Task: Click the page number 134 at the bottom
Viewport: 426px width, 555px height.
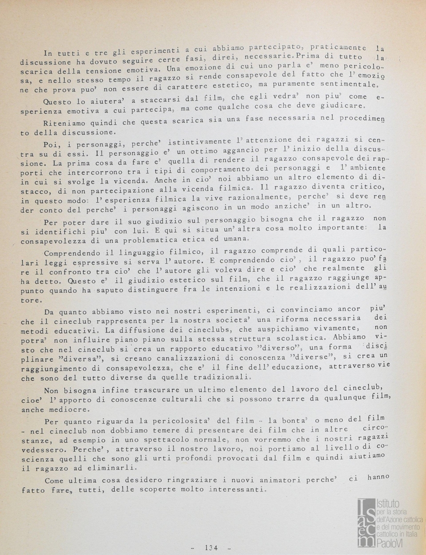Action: click(211, 547)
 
